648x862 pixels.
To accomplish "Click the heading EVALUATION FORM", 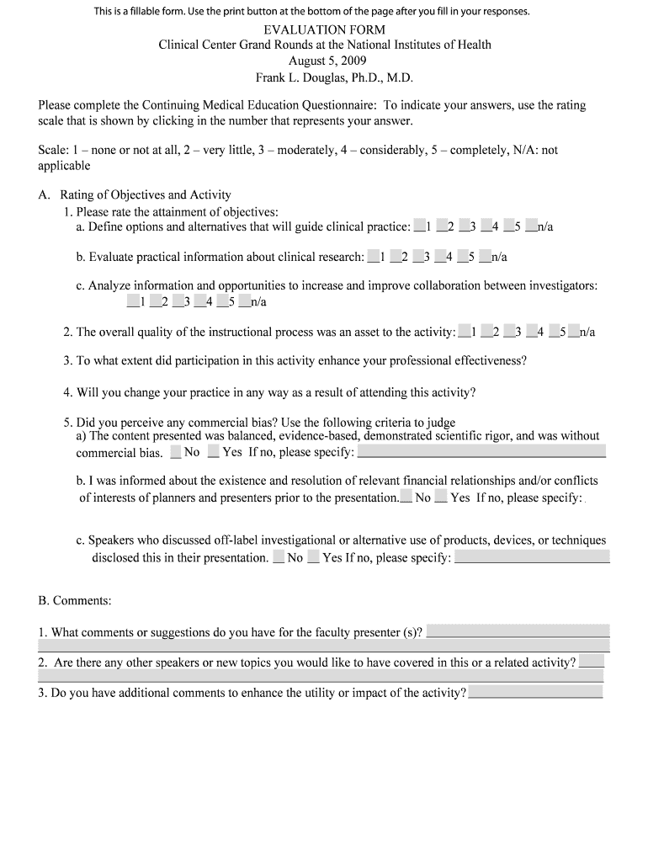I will [324, 29].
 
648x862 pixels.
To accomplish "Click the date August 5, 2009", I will [324, 61].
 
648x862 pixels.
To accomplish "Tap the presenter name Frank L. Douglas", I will [335, 77].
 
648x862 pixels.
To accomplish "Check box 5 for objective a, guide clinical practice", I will [508, 226].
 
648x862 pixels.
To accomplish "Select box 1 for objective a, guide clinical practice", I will [419, 226].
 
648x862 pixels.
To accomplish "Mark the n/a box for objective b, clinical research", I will [486, 256].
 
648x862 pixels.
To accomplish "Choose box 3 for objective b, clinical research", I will [418, 256].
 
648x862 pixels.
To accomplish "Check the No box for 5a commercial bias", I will [175, 452].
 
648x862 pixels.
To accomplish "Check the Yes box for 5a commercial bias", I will [214, 452].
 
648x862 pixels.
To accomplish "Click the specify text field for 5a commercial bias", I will [481, 452].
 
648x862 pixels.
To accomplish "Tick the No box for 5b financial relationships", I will [406, 497].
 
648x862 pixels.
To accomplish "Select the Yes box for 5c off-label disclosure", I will [313, 556].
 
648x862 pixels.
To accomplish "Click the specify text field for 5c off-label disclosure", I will [532, 556].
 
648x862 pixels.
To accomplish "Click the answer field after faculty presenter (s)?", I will [518, 631].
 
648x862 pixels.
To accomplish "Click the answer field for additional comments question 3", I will [535, 692].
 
